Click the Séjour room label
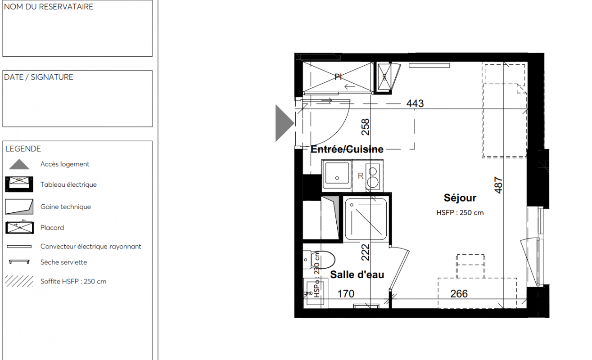pyautogui.click(x=460, y=198)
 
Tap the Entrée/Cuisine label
pyautogui.click(x=347, y=149)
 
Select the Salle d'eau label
pyautogui.click(x=357, y=274)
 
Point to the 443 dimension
pyautogui.click(x=415, y=103)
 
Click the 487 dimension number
pyautogui.click(x=498, y=185)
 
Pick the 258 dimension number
pyautogui.click(x=365, y=127)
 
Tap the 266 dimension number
pyautogui.click(x=459, y=294)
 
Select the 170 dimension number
pyautogui.click(x=346, y=294)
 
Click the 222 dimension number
pyautogui.click(x=365, y=252)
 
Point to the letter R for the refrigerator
pyautogui.click(x=361, y=176)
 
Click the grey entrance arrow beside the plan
pyautogui.click(x=284, y=123)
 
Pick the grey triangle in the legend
pyautogui.click(x=19, y=165)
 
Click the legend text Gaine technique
pyautogui.click(x=66, y=207)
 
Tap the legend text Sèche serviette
pyautogui.click(x=63, y=262)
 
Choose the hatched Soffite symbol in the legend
pyautogui.click(x=19, y=281)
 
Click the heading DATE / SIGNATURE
pyautogui.click(x=39, y=77)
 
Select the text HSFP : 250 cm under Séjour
pyautogui.click(x=460, y=212)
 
